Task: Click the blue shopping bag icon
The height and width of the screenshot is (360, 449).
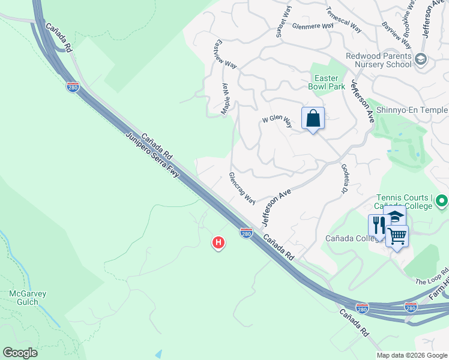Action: coord(313,118)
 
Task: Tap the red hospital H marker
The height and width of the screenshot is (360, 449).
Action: coord(218,242)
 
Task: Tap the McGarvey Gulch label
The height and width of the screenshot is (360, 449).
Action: coord(28,298)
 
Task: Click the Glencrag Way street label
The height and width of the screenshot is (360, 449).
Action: coord(242,188)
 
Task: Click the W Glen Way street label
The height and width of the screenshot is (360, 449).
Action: coord(277,121)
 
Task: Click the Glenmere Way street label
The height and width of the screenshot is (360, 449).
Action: coord(312,26)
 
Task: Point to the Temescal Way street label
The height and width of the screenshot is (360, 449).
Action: coord(343,20)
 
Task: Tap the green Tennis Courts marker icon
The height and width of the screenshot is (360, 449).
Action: coord(442,200)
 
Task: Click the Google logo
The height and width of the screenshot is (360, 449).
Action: coord(20,352)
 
